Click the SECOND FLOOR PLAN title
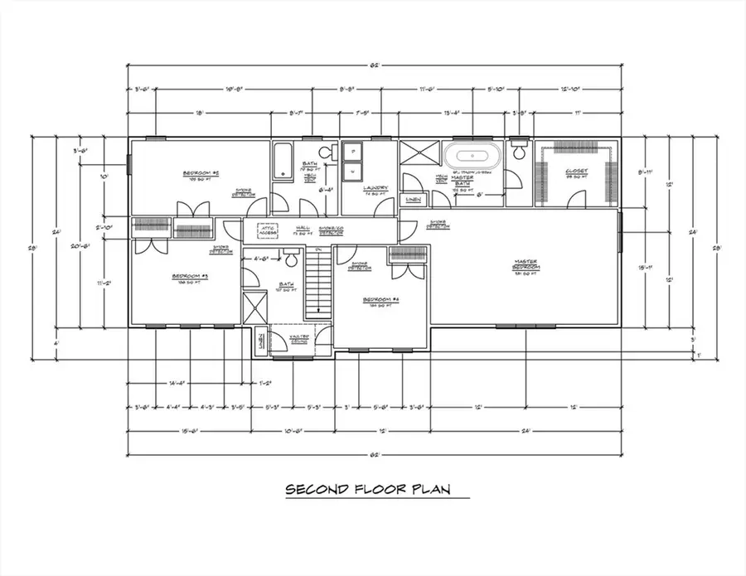[x=367, y=489]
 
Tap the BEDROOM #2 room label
[x=200, y=174]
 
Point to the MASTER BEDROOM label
[x=526, y=265]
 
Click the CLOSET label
[x=576, y=174]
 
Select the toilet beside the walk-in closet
[x=520, y=151]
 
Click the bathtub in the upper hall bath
[x=282, y=162]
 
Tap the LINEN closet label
[x=411, y=200]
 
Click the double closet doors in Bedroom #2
[x=187, y=209]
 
